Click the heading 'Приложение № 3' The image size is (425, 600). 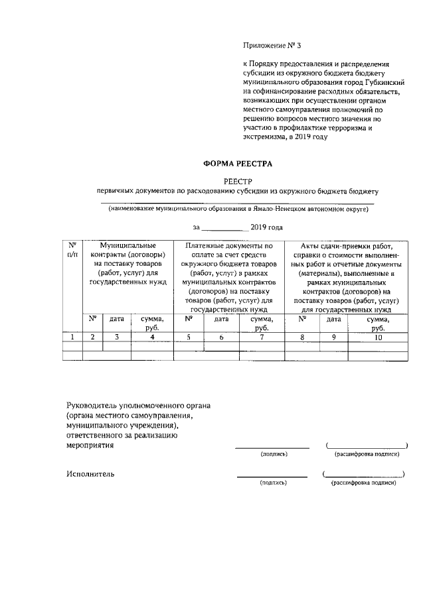tap(272, 46)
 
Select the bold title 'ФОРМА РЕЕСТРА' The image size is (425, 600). tap(237, 162)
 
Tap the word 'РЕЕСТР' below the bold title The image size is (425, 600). tap(237, 180)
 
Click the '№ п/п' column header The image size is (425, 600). tap(72, 250)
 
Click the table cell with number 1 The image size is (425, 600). tap(72, 337)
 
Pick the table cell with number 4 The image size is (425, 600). tap(152, 337)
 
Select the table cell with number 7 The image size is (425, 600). tap(262, 337)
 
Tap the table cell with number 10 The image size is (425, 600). tap(378, 337)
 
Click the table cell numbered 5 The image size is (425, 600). tap(189, 337)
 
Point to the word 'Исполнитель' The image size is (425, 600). tap(90, 474)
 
